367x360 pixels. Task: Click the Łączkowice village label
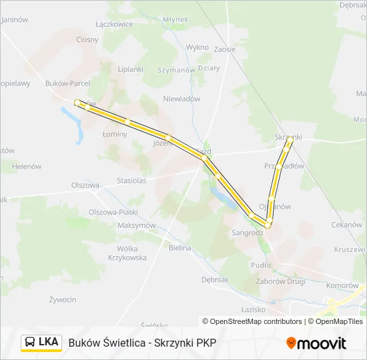click(x=114, y=24)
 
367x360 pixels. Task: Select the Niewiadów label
click(x=181, y=99)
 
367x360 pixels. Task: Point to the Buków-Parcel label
click(x=67, y=84)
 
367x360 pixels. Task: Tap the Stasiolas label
click(x=131, y=180)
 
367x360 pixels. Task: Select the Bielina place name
click(x=180, y=248)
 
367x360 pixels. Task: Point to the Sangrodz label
click(x=248, y=233)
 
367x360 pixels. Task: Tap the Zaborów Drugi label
click(x=280, y=281)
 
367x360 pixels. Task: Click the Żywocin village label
click(x=63, y=300)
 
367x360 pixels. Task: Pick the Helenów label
click(x=27, y=166)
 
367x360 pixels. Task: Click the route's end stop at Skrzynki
click(x=290, y=141)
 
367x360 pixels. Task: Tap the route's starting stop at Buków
click(x=77, y=103)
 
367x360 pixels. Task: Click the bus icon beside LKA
click(x=30, y=343)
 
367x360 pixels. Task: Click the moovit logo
click(x=316, y=343)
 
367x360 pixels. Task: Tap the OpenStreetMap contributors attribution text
click(x=252, y=321)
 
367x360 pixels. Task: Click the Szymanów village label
click(x=175, y=70)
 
